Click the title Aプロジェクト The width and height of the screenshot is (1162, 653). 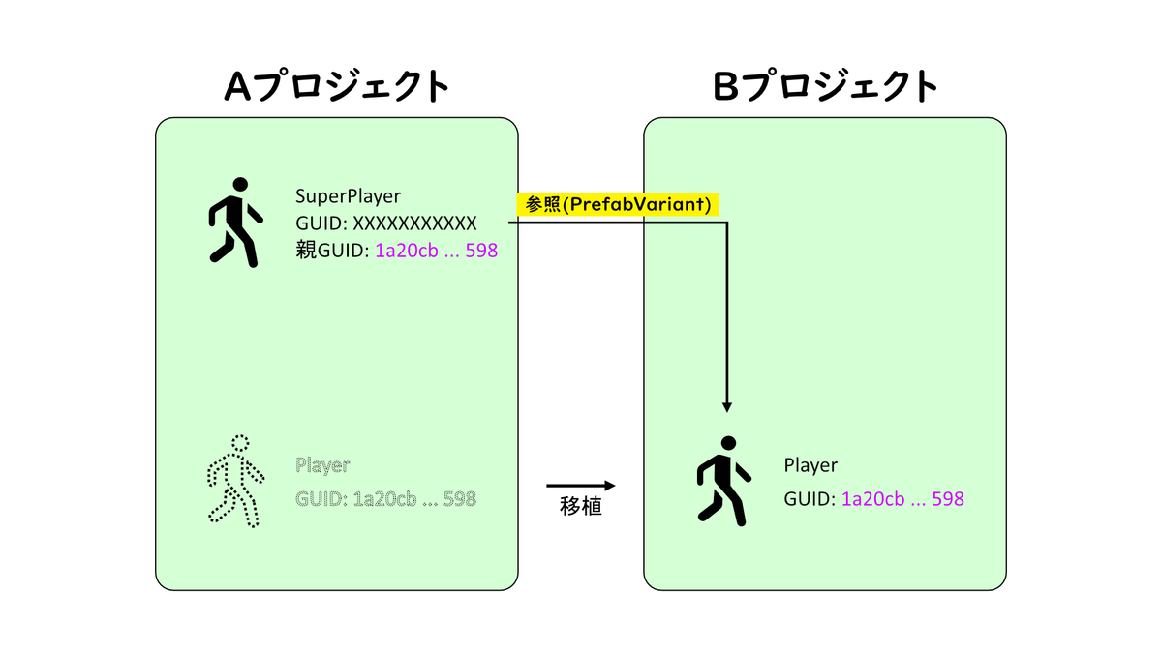click(337, 87)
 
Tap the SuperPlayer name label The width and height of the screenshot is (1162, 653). click(348, 196)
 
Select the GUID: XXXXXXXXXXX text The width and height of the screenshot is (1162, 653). click(386, 223)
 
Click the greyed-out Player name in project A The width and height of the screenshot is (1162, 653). click(322, 465)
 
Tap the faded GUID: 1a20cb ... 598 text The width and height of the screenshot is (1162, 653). click(386, 500)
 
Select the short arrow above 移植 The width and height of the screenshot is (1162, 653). click(581, 485)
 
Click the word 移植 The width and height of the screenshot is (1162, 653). click(581, 506)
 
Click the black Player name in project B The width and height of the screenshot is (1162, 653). click(810, 465)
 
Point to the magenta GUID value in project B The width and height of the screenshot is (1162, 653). click(902, 500)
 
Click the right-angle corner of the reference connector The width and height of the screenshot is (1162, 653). click(726, 223)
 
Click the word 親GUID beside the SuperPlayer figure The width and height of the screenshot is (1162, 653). click(329, 251)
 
